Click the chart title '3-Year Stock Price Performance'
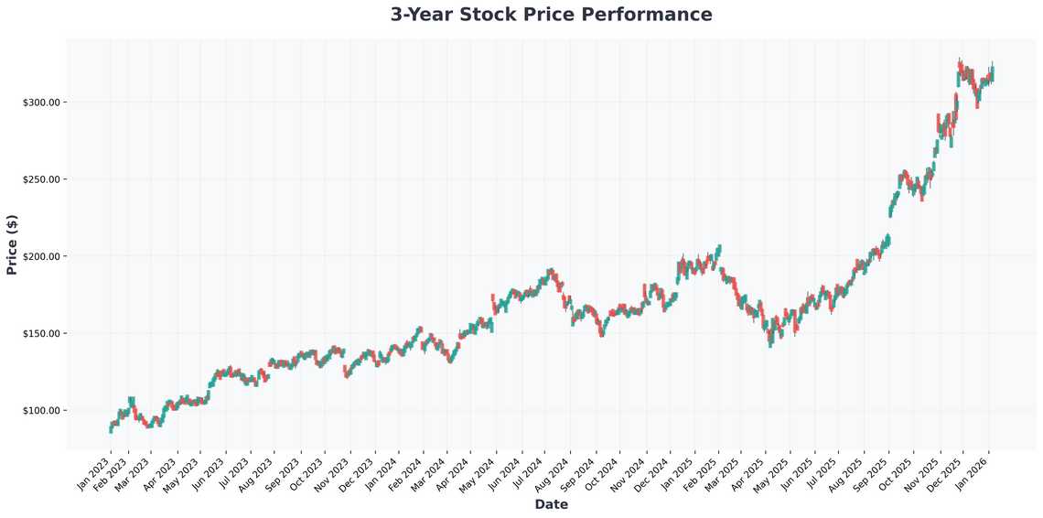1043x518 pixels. (551, 15)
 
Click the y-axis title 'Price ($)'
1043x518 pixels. (12, 244)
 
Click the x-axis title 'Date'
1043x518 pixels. (551, 504)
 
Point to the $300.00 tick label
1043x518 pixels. (41, 102)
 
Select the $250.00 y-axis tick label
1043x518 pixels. (41, 179)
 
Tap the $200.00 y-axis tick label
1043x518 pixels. (41, 256)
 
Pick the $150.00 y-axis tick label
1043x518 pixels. (41, 333)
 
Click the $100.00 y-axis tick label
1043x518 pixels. (41, 411)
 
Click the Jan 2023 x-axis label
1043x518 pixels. (94, 474)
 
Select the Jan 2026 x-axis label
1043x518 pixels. (975, 474)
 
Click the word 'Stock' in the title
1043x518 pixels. (499, 15)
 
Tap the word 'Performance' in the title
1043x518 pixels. (653, 15)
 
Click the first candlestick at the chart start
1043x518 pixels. (111, 428)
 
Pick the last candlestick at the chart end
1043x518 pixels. (993, 72)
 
